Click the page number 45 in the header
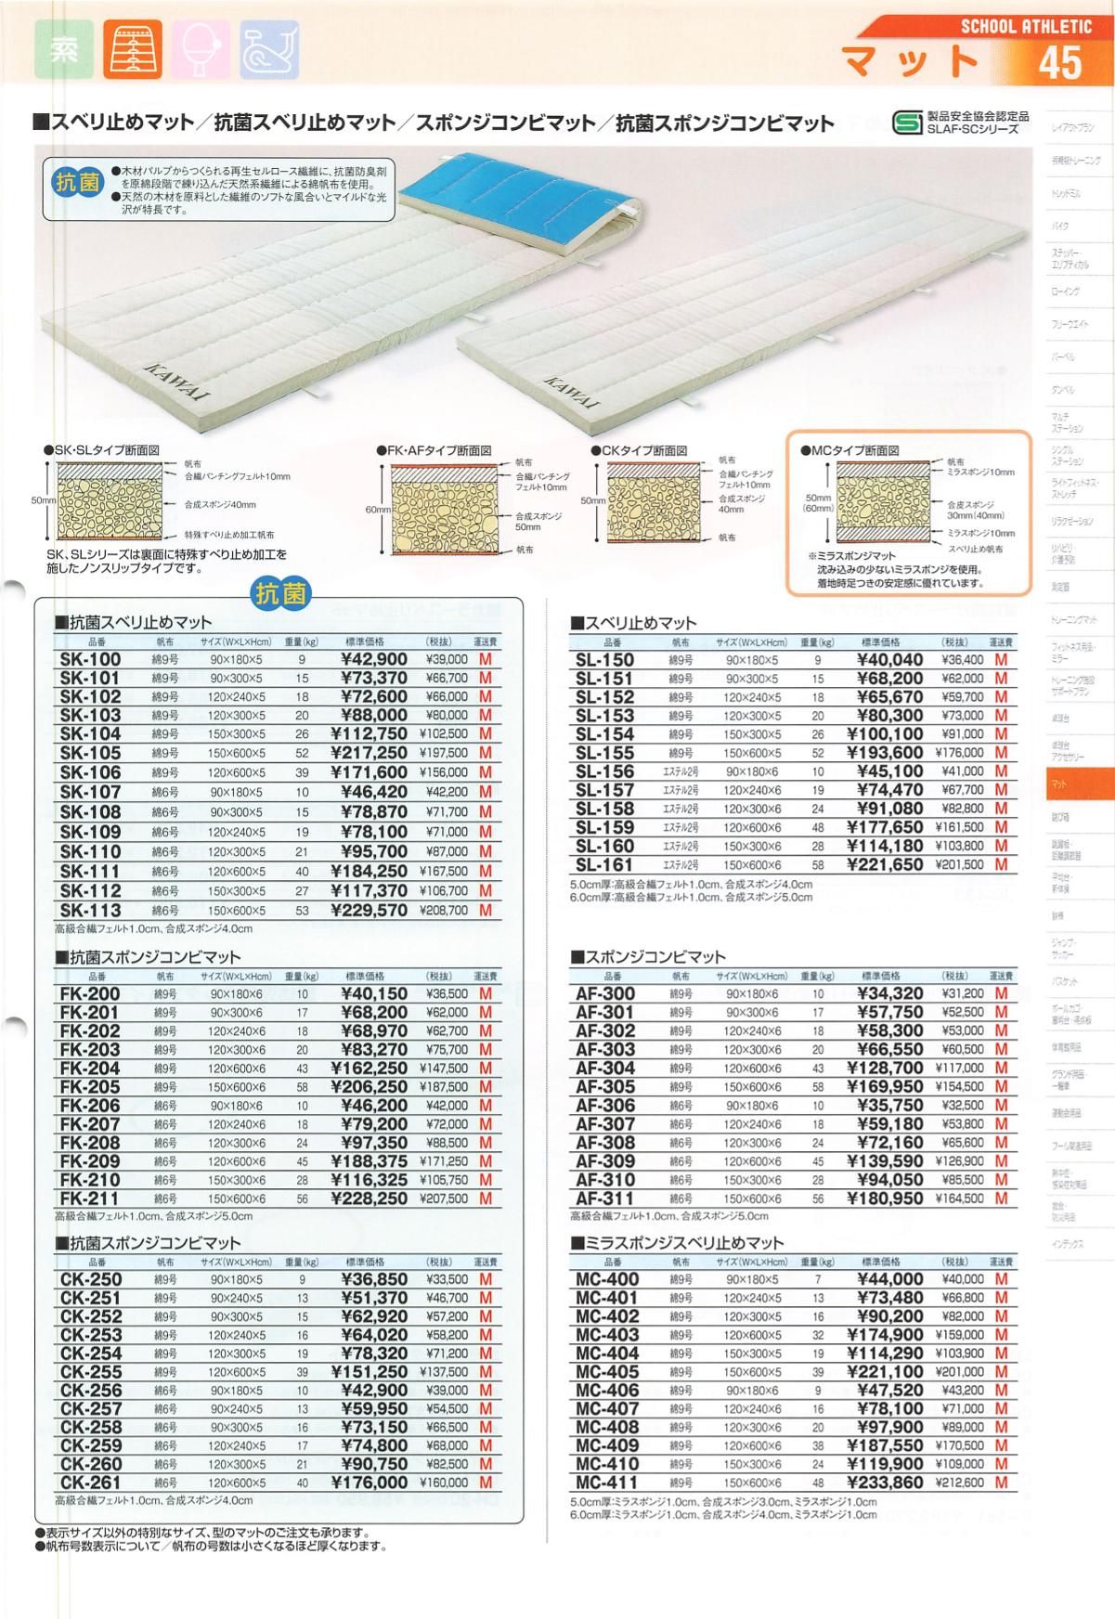click(1060, 63)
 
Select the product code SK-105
click(90, 753)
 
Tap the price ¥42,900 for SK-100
click(369, 660)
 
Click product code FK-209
click(90, 1161)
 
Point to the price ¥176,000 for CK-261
click(369, 1483)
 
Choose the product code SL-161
click(604, 864)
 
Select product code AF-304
click(605, 1069)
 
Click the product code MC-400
click(606, 1279)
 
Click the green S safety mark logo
click(905, 122)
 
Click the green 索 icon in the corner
click(62, 52)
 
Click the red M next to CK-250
click(485, 1279)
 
